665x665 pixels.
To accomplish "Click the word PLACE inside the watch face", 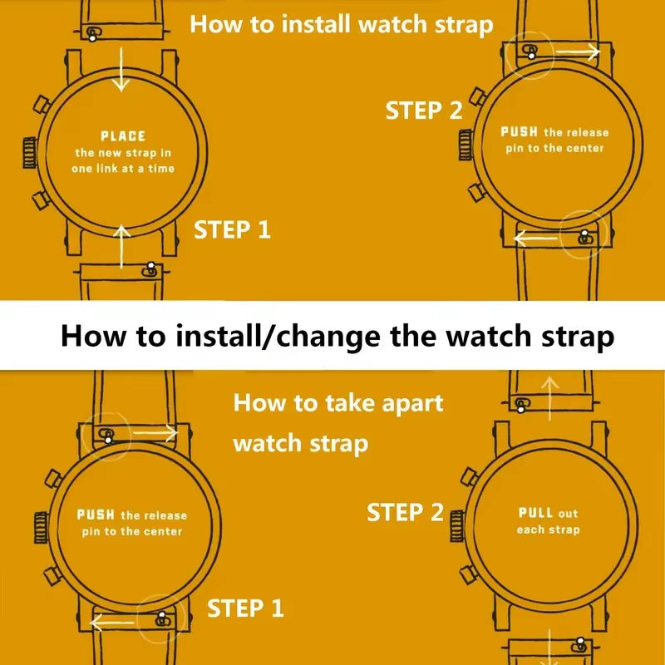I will (x=123, y=135).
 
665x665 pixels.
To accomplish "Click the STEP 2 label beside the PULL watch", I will (x=406, y=512).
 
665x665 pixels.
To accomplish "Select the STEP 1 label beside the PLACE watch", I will (x=233, y=229).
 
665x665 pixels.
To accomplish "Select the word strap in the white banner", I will (x=573, y=336).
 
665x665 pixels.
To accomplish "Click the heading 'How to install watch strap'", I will (x=342, y=23).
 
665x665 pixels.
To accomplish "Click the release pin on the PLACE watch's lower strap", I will (x=150, y=269).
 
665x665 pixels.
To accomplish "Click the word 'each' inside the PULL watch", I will (x=530, y=530).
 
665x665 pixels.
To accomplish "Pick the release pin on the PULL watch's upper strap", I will (x=521, y=406).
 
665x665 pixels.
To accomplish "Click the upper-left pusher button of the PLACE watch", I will (x=37, y=106).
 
